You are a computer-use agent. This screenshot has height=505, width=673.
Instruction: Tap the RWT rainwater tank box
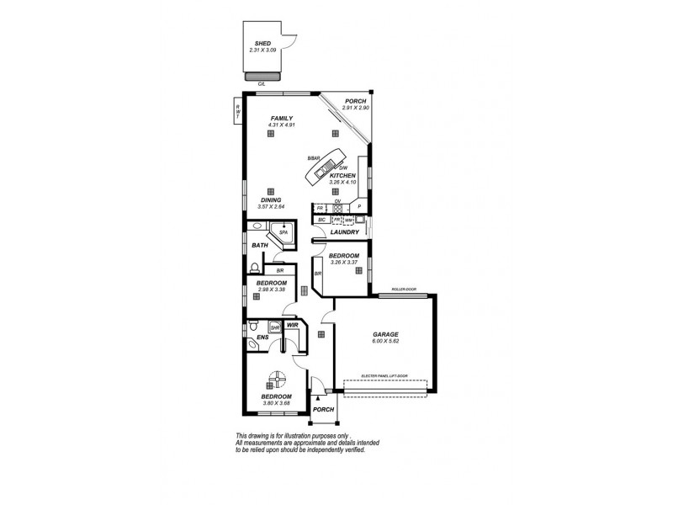(x=238, y=110)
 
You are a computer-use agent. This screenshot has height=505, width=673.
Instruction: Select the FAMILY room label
(x=280, y=118)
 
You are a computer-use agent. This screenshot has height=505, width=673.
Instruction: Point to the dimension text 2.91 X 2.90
(x=356, y=109)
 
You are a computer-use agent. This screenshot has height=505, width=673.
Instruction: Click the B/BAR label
(x=314, y=158)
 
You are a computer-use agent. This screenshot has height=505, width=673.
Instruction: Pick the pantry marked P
(x=358, y=206)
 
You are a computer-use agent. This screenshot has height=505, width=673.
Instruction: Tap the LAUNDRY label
(x=345, y=232)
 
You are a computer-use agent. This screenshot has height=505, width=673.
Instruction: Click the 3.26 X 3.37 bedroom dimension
(x=343, y=262)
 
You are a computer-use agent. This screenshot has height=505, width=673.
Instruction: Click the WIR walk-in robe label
(x=293, y=324)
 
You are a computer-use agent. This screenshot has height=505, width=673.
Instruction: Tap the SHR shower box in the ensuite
(x=274, y=328)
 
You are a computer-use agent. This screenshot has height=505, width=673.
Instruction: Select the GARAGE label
(x=385, y=334)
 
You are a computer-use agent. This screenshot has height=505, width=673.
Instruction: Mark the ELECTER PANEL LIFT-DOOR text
(x=384, y=375)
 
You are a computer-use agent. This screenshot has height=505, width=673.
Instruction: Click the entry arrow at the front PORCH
(x=316, y=397)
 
